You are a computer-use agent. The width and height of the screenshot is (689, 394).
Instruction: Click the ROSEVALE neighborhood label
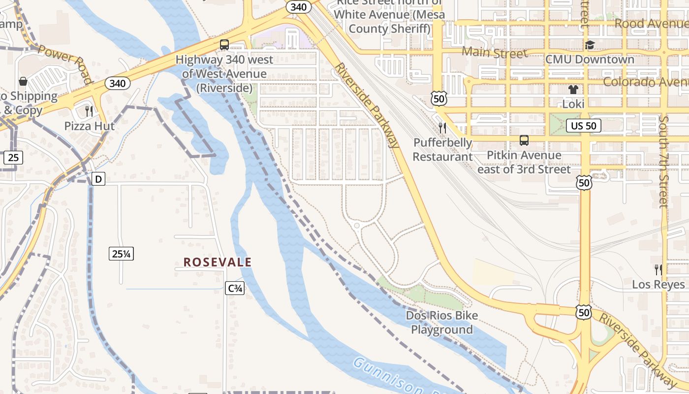pos(218,262)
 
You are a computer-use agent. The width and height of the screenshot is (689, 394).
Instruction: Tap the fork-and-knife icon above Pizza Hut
pos(89,111)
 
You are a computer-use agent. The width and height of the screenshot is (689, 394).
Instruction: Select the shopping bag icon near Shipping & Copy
pos(23,81)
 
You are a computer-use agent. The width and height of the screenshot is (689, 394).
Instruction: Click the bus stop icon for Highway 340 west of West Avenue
pos(224,45)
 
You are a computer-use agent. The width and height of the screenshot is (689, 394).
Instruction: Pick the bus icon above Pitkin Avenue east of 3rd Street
pos(524,140)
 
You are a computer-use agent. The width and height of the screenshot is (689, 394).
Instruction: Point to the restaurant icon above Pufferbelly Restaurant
pos(442,128)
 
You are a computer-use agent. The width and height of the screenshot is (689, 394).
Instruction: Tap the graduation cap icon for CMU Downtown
pos(590,45)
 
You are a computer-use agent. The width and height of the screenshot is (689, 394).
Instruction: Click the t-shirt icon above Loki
pos(573,90)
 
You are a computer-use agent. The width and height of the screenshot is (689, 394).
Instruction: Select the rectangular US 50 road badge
pos(584,126)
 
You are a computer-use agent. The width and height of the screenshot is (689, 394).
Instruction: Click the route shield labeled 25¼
pos(122,254)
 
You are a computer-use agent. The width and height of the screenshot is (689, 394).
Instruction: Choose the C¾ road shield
pos(235,289)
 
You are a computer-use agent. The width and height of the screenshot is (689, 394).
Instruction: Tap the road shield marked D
pos(98,179)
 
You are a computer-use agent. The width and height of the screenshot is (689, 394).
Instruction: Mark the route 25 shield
pos(13,158)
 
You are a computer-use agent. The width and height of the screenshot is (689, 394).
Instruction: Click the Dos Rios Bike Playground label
pos(442,322)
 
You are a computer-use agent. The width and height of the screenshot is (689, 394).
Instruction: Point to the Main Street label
pos(494,52)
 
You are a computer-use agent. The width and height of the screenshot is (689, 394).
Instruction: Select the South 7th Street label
pos(664,162)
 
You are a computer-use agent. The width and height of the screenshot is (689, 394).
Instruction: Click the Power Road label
pos(65,64)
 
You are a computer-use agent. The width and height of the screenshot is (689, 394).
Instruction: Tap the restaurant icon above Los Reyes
pos(658,269)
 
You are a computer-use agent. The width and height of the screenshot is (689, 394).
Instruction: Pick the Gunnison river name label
pos(389,377)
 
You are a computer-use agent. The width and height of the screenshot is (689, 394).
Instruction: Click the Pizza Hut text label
pos(90,126)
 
